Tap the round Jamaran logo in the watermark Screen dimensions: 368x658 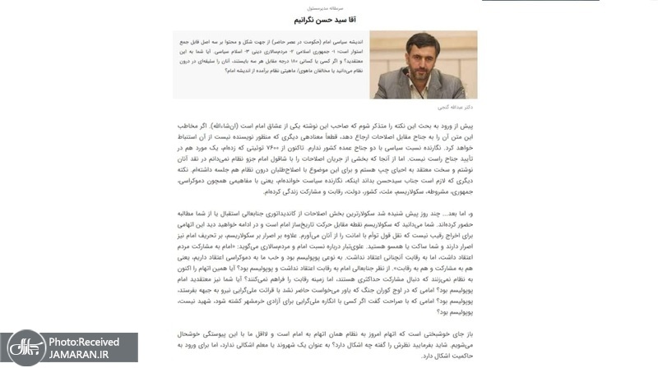coord(23,347)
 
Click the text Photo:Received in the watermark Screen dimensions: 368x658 coord(84,341)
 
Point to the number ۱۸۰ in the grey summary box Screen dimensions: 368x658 coord(285,60)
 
